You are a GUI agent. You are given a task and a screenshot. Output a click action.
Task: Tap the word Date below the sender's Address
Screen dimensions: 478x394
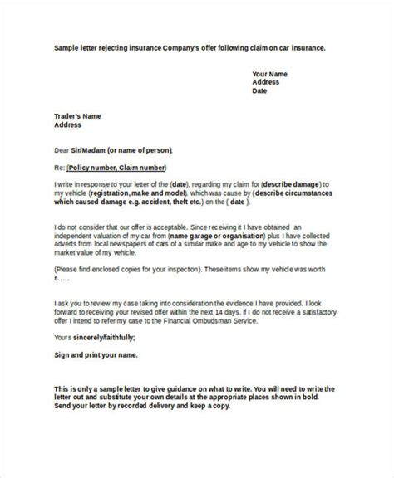260,91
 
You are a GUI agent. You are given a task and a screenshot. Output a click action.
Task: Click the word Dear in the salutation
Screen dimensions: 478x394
62,151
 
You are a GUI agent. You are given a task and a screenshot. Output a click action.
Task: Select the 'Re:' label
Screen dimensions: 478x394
58,168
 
